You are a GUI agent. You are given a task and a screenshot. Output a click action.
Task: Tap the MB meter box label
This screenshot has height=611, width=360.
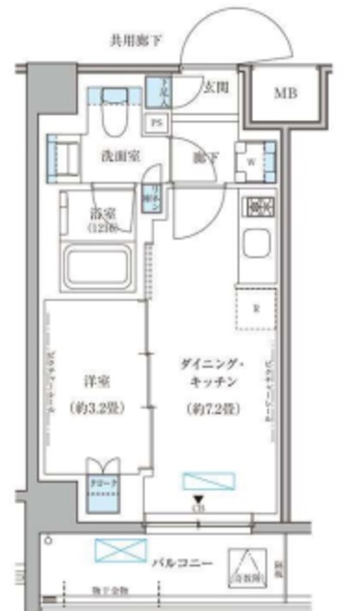[286, 93]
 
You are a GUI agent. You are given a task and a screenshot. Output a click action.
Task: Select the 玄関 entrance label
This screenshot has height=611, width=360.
[216, 87]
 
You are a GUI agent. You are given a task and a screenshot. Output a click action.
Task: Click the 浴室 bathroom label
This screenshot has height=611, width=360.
[99, 215]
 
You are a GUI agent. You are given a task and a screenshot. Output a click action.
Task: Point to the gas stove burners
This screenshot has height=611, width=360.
[258, 204]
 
